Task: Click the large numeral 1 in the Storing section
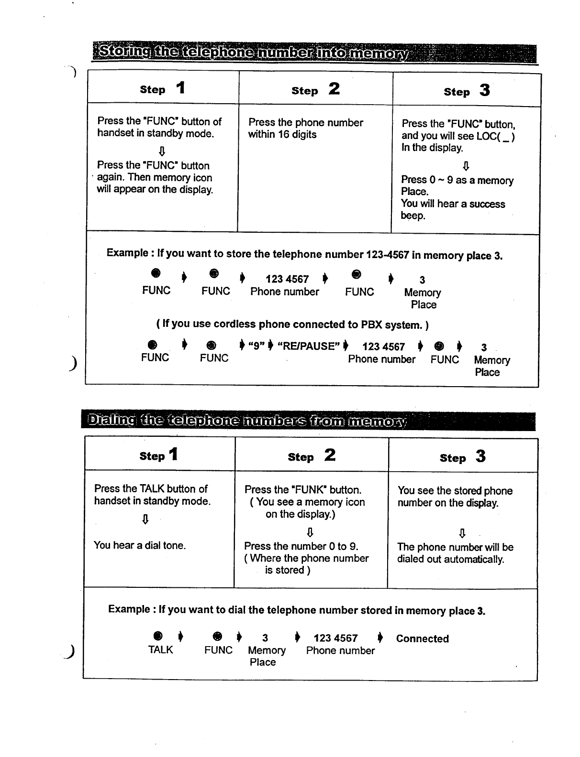click(180, 88)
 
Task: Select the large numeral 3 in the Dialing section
click(480, 456)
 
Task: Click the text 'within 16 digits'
click(282, 135)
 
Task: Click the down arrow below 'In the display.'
click(466, 165)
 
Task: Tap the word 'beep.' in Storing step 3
click(413, 216)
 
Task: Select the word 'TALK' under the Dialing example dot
click(160, 650)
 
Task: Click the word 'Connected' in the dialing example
click(422, 639)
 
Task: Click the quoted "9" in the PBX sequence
click(256, 346)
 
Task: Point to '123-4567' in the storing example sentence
click(387, 255)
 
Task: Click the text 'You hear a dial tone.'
click(140, 545)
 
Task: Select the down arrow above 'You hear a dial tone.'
click(145, 519)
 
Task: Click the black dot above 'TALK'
click(158, 636)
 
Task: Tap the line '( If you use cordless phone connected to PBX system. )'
click(292, 324)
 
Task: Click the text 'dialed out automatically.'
click(450, 559)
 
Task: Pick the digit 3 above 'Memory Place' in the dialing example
click(265, 638)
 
